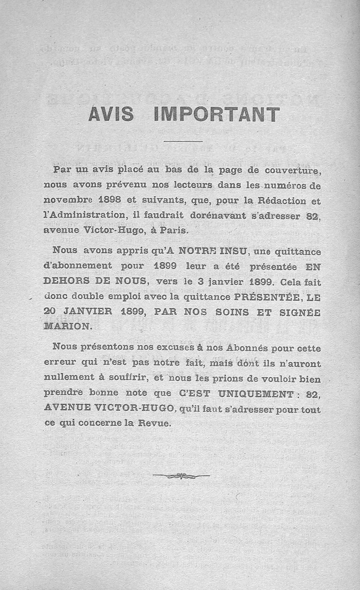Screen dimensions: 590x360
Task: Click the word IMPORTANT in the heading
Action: [x=216, y=114]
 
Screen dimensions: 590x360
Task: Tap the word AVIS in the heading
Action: [x=111, y=114]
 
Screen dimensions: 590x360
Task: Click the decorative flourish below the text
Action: [x=181, y=475]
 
